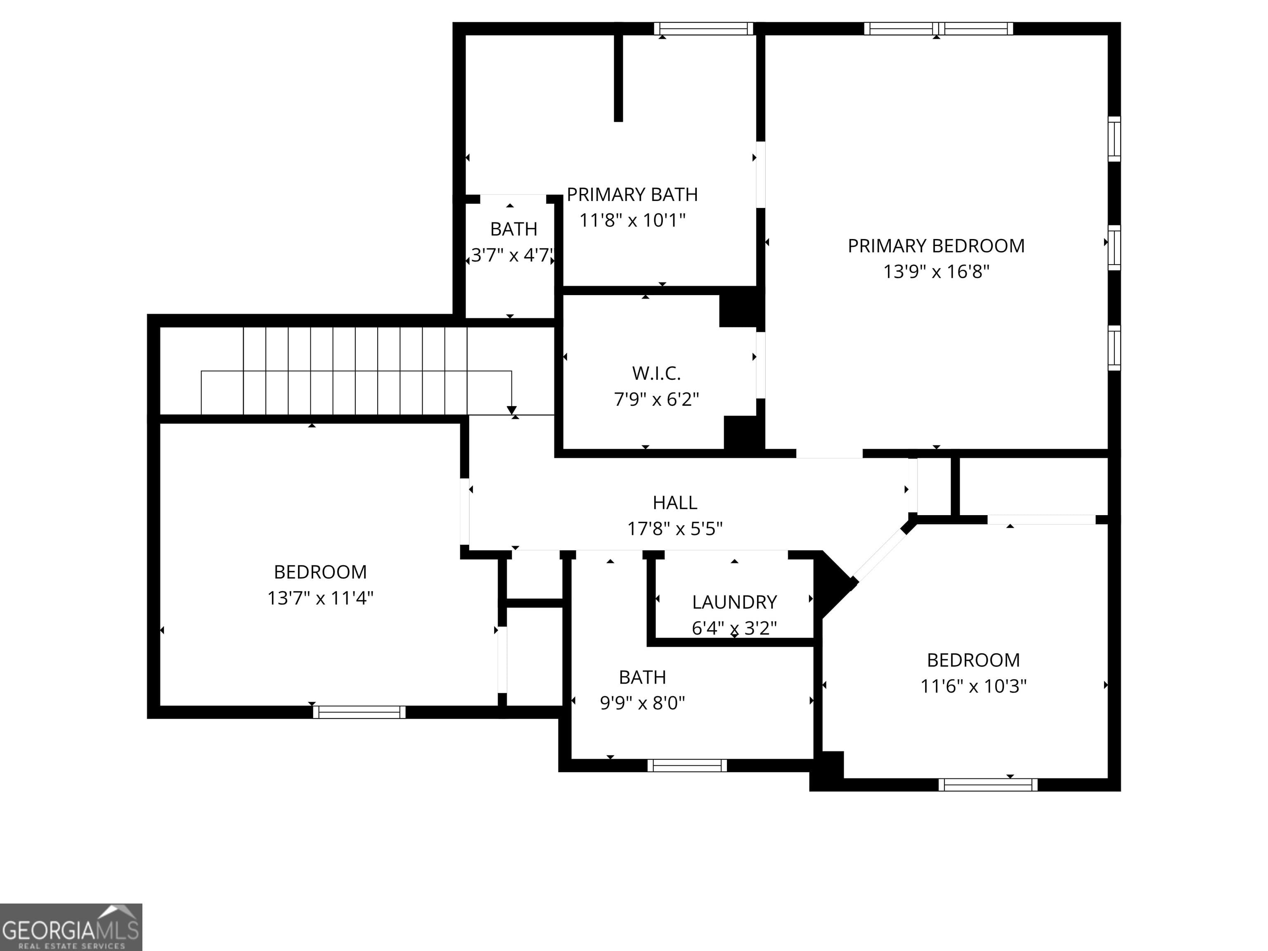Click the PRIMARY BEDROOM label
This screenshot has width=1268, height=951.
coord(936,246)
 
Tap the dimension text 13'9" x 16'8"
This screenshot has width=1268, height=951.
coord(936,272)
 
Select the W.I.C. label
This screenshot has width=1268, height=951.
coord(656,374)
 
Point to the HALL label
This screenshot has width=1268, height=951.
coord(675,503)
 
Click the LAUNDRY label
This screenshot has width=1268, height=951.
coord(734,603)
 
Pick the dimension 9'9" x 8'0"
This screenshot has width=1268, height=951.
coord(642,703)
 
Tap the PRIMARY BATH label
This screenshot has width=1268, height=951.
coord(632,195)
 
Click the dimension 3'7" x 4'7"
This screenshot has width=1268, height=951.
coord(512,255)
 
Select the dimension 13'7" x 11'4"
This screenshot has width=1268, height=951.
coord(320,599)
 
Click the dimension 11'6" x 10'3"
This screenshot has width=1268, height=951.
coord(973,686)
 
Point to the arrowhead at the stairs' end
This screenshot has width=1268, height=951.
coord(511,410)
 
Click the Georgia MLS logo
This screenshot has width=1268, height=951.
coord(71,927)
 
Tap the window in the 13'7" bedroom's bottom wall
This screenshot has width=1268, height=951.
coord(360,712)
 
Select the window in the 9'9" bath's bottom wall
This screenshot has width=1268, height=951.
coord(687,765)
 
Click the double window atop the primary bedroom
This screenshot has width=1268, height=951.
coord(938,28)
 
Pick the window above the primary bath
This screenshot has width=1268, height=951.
coord(703,28)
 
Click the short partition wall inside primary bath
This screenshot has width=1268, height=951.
coord(618,77)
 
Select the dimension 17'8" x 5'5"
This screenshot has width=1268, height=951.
coord(675,528)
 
